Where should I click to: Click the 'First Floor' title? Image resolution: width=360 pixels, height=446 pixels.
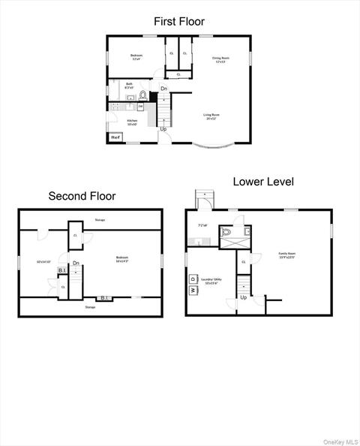click(179, 22)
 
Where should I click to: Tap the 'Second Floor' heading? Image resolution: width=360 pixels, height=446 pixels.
click(82, 196)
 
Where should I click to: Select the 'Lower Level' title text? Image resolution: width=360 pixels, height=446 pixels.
click(262, 182)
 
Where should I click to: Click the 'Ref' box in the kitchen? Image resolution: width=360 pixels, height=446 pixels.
click(115, 137)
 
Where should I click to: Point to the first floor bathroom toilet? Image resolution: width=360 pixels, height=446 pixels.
click(142, 96)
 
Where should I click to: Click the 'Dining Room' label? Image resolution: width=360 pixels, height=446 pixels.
click(220, 59)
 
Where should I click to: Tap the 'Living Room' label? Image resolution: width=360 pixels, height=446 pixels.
click(211, 116)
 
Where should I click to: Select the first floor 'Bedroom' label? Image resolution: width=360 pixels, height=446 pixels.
click(136, 56)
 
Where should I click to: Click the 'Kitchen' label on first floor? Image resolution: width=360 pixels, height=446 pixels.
click(132, 122)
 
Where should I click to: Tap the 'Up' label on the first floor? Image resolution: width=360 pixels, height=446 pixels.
click(163, 129)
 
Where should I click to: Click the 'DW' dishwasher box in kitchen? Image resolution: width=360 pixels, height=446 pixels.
click(139, 107)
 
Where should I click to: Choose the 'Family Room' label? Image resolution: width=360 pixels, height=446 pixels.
click(287, 255)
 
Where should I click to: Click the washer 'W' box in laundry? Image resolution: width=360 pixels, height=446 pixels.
click(193, 290)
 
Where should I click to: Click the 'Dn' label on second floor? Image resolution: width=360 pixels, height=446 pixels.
click(76, 264)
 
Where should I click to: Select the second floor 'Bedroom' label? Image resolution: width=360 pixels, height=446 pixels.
click(122, 259)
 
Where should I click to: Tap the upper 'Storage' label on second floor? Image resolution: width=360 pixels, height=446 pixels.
click(100, 220)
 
